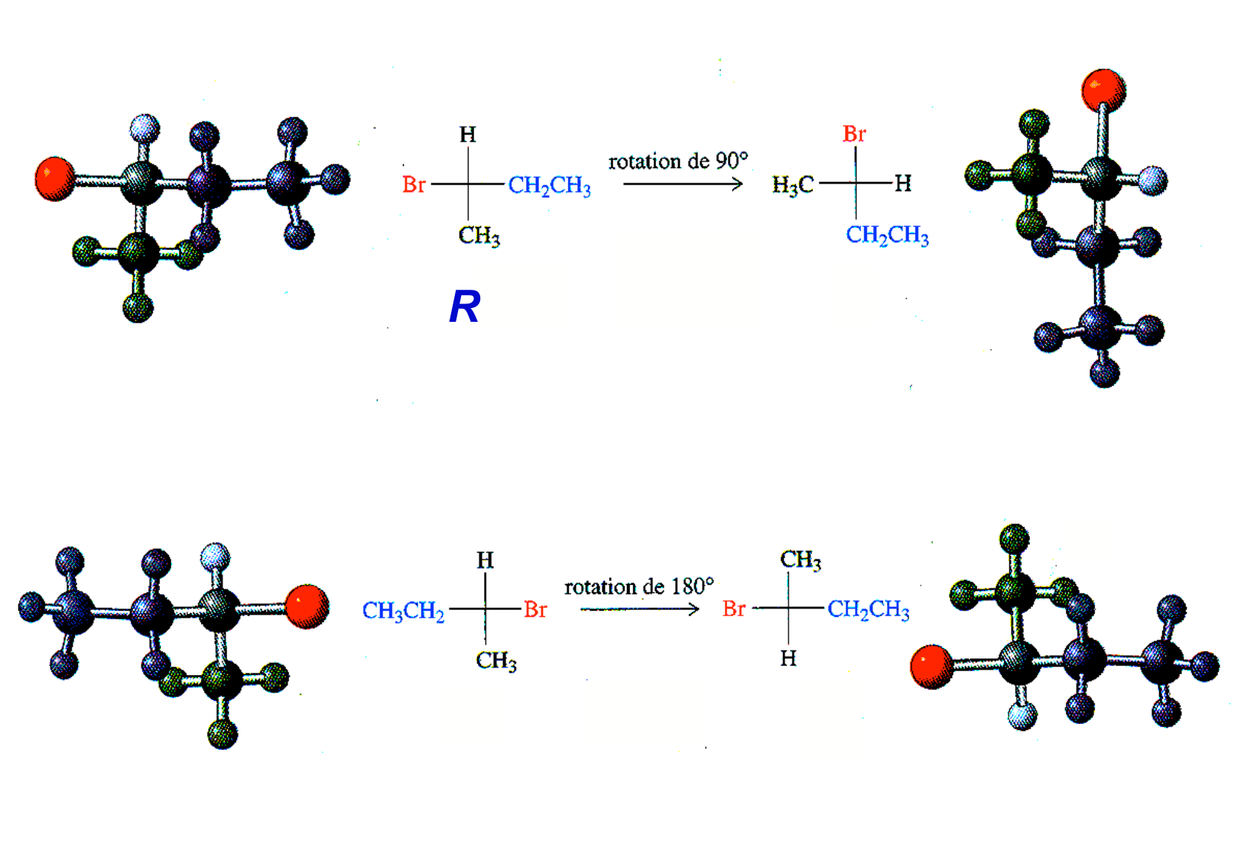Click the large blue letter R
pyautogui.click(x=464, y=307)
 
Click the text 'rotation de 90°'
pyautogui.click(x=677, y=161)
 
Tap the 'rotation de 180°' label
pyautogui.click(x=638, y=587)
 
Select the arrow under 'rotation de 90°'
pyautogui.click(x=683, y=183)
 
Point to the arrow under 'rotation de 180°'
pyautogui.click(x=639, y=609)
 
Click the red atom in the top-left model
pyautogui.click(x=55, y=179)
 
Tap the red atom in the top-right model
pyautogui.click(x=1103, y=89)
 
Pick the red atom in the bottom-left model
pyautogui.click(x=307, y=606)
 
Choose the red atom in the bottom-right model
pyautogui.click(x=932, y=666)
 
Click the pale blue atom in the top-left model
pyautogui.click(x=145, y=128)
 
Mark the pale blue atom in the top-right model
pyautogui.click(x=1152, y=181)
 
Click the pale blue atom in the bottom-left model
pyautogui.click(x=215, y=556)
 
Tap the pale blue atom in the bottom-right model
pyautogui.click(x=1022, y=716)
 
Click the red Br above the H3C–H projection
pyautogui.click(x=854, y=135)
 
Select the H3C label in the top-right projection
pyautogui.click(x=793, y=185)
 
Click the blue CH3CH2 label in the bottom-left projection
pyautogui.click(x=403, y=611)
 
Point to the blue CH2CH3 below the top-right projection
pyautogui.click(x=887, y=235)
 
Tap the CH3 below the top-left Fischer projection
pyautogui.click(x=479, y=235)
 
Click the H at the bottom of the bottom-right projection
pyautogui.click(x=788, y=658)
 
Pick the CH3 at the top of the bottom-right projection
pyautogui.click(x=801, y=560)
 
